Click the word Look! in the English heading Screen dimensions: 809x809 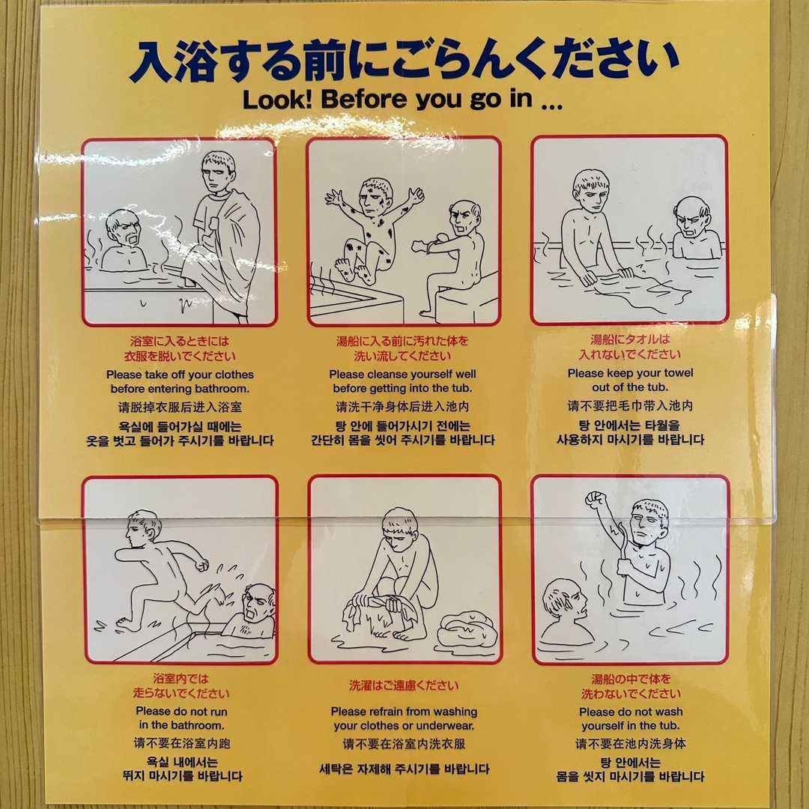277,100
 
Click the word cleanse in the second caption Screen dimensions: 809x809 383,374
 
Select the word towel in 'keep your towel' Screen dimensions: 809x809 676,372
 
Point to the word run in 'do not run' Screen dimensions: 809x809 216,712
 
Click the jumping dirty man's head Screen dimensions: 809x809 377,198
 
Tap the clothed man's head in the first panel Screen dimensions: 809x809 218,172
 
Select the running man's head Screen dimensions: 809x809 142,530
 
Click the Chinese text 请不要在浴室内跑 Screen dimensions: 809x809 182,743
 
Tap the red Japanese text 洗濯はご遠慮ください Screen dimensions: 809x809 404,685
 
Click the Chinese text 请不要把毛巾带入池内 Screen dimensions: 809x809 630,405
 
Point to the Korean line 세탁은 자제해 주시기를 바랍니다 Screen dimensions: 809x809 404,769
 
